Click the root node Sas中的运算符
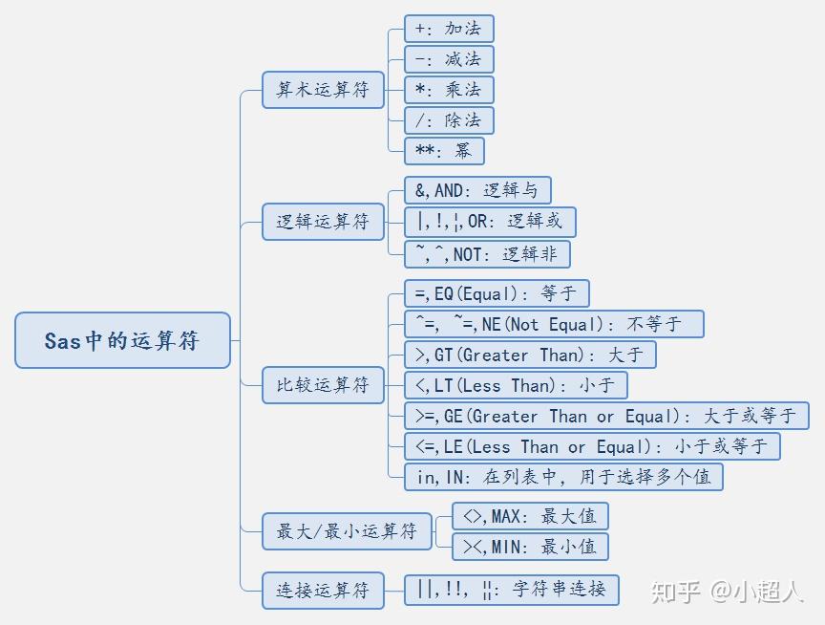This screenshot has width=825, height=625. point(122,340)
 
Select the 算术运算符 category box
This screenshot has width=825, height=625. point(323,90)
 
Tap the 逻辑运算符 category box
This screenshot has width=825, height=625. point(323,222)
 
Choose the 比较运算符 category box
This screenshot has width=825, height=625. point(323,385)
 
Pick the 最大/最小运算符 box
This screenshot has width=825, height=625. point(347,531)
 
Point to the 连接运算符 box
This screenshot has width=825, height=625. point(323,591)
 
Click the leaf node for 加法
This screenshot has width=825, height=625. point(449,29)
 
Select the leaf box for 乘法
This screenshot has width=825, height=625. point(449,90)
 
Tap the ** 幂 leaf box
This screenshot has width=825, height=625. point(444,151)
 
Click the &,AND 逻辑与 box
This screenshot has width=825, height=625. point(477,190)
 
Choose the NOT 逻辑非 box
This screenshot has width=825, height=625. point(487,254)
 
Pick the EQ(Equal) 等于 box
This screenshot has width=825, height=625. point(497,293)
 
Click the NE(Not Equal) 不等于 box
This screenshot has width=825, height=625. point(554,324)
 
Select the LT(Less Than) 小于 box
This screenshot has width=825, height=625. point(516,385)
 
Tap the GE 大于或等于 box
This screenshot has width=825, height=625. point(606,416)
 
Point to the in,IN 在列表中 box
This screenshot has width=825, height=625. point(563,477)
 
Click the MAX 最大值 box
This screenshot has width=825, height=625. point(530,516)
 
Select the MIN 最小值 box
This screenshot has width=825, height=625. point(530,547)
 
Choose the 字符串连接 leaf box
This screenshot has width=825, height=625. point(512,591)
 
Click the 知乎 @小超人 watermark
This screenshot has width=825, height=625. point(728,592)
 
